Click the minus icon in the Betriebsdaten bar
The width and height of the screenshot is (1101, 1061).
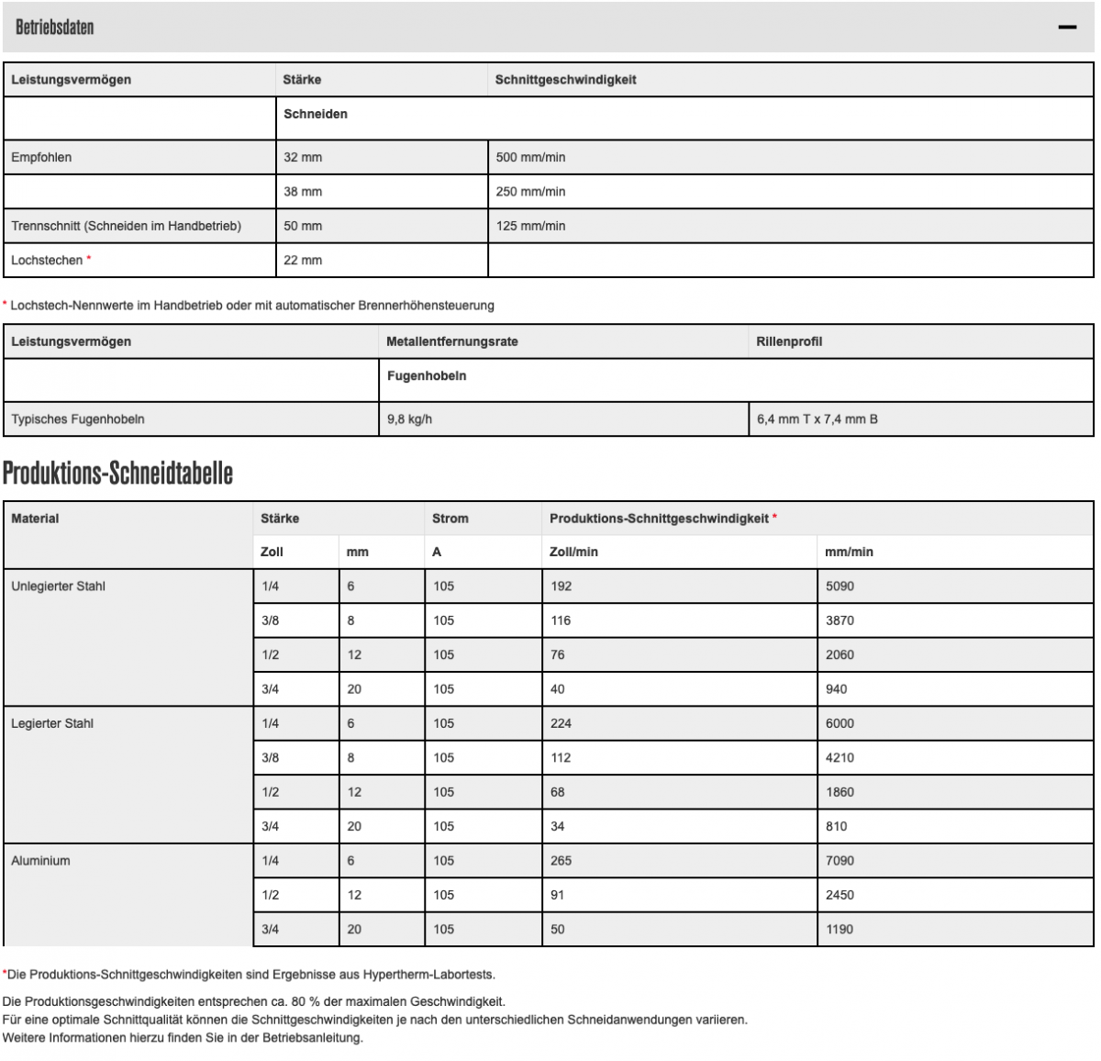pos(1066,28)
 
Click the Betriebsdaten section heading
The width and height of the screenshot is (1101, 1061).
pos(54,28)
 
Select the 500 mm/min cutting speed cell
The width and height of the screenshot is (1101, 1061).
pos(530,157)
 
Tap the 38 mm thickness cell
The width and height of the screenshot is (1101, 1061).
pos(303,192)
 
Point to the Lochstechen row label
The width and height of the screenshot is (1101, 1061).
pos(47,261)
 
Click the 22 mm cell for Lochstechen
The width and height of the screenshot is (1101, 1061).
pos(303,261)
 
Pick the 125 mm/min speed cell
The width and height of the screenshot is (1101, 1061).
pos(530,226)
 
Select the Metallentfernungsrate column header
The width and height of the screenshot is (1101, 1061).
pos(451,341)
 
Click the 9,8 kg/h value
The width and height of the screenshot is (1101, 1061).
pos(409,419)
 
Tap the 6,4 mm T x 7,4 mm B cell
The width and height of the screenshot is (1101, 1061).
pos(817,419)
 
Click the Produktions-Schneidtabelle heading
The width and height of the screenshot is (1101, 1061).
pos(117,474)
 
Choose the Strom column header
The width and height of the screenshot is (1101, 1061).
pos(450,519)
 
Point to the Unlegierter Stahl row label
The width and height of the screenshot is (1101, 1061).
pos(58,586)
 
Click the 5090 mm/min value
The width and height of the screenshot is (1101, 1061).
pos(840,586)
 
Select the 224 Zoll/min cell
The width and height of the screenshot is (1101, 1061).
pos(561,723)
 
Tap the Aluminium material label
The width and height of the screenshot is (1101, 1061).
pos(40,861)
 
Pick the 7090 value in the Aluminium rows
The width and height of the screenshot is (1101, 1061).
pos(840,861)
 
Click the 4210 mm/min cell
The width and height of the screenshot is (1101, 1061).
pos(840,758)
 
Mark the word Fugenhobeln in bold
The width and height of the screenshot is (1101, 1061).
pos(426,375)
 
